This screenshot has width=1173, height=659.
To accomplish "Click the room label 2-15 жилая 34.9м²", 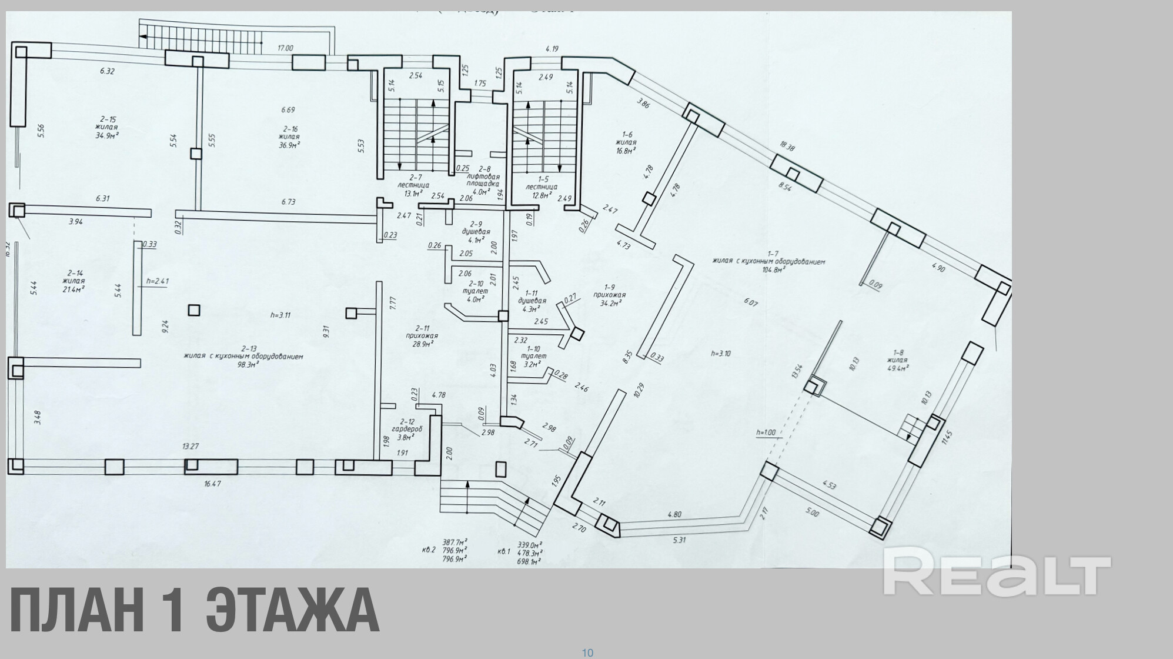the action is point(107,127).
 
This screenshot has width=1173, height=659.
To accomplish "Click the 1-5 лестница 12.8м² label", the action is point(541,187).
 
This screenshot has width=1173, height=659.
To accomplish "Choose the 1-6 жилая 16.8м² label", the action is point(626,142).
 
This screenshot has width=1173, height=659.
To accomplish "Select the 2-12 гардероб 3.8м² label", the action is point(407,429).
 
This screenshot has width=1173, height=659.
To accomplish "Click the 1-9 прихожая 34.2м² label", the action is point(610,295).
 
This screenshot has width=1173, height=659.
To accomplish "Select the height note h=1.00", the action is point(766,432).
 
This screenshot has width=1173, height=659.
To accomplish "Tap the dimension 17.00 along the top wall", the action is point(285,48).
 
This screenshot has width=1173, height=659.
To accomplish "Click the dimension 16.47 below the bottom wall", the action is point(212,483).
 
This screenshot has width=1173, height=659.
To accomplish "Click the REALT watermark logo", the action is point(997,572).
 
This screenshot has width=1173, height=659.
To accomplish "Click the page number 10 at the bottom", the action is point(587,653).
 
